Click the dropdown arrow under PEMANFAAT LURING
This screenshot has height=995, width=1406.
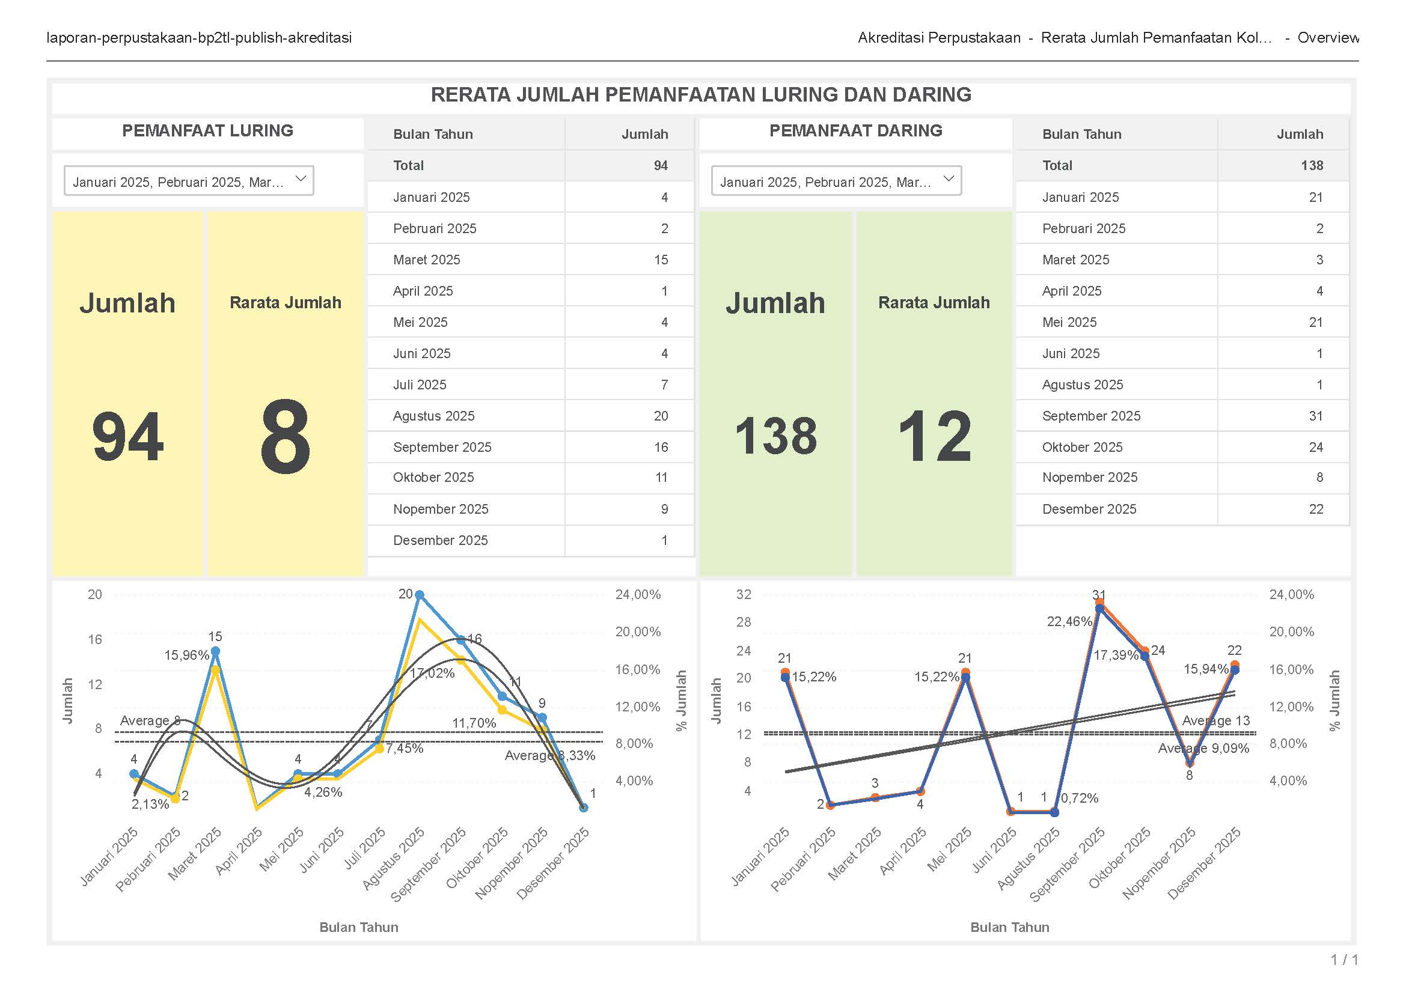coord(301,179)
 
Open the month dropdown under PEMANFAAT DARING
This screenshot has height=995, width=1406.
coord(947,179)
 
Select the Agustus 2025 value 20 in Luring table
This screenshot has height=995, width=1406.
coord(660,416)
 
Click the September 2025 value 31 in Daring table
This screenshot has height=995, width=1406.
coord(1315,416)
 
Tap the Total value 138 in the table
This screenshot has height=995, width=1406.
coord(1312,165)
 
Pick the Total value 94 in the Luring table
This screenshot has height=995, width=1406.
coord(660,165)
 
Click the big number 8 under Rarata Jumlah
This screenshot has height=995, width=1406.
coord(285,436)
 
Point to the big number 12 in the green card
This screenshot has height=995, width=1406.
coord(934,436)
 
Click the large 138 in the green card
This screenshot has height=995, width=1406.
coord(775,436)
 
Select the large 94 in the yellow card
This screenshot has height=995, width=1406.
coord(127,436)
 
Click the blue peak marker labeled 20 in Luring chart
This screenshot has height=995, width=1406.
coord(419,595)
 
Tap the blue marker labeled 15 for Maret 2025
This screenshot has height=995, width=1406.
coord(215,651)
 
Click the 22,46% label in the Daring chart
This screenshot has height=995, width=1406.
coord(1069,621)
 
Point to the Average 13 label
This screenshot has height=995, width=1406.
coord(1215,720)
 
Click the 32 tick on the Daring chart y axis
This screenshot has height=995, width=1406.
coord(744,594)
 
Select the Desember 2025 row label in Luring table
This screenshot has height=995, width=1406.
coord(440,540)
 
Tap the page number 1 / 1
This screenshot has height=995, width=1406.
coord(1344,960)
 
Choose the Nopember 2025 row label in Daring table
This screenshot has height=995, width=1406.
coord(1089,477)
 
